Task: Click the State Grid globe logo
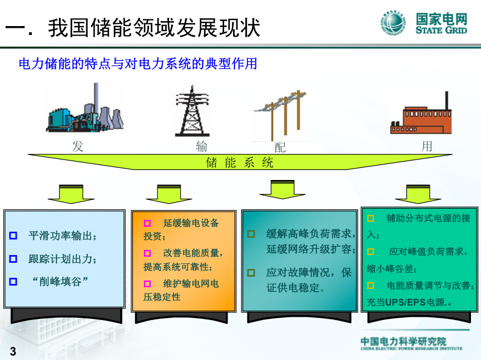click(x=393, y=23)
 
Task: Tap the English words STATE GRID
click(x=442, y=30)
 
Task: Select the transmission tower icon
click(x=192, y=111)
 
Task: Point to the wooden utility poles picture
click(x=280, y=115)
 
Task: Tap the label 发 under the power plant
click(x=78, y=146)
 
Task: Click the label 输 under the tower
click(x=201, y=147)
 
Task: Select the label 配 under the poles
click(x=280, y=148)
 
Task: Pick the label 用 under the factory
click(x=427, y=146)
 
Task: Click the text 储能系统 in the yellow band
click(x=239, y=162)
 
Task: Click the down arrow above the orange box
click(x=169, y=194)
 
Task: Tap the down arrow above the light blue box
click(x=71, y=194)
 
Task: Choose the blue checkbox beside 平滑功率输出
click(x=13, y=236)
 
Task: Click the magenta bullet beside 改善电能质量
click(x=147, y=253)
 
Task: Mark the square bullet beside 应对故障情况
click(x=251, y=272)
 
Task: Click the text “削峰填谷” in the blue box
click(x=60, y=281)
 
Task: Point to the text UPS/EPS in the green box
click(x=405, y=302)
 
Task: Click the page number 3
click(x=13, y=351)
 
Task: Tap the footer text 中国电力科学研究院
click(x=403, y=341)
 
